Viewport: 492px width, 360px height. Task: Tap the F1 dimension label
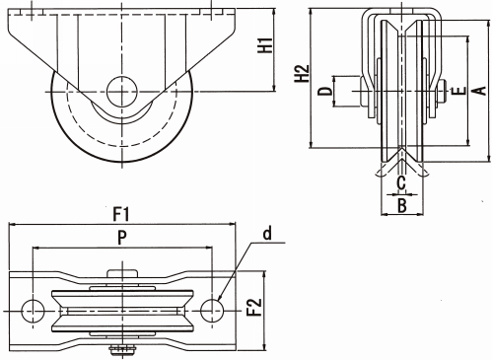tap(121, 215)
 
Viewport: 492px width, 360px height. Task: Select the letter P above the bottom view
tap(122, 238)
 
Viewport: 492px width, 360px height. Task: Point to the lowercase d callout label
tap(268, 234)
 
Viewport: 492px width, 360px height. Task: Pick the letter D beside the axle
tap(325, 91)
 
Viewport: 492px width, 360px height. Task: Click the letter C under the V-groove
tap(401, 182)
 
